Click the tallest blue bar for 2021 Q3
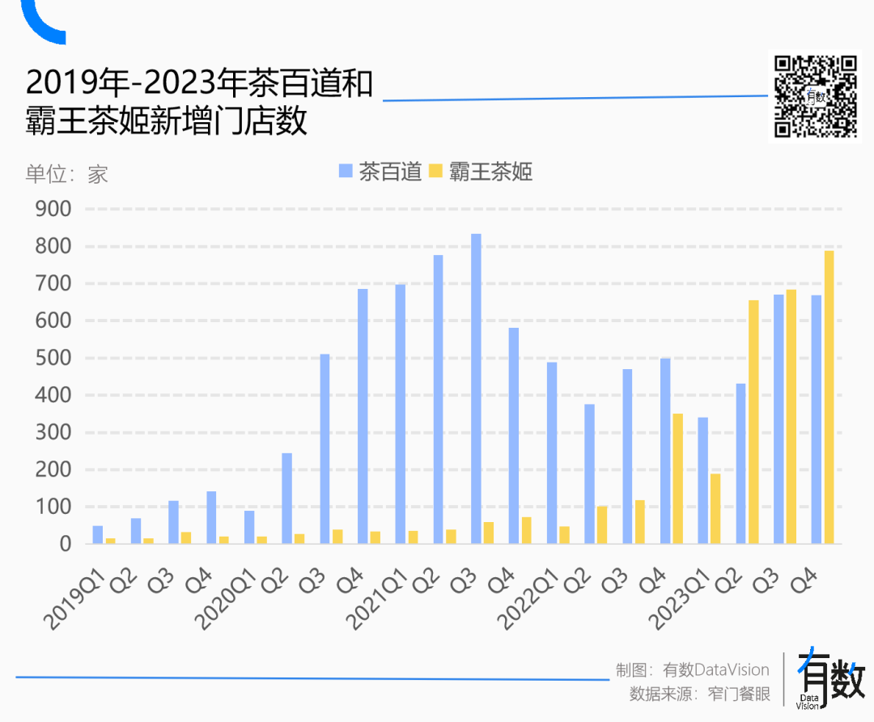tap(476, 389)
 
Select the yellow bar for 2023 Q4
tap(829, 397)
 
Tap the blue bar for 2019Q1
tap(98, 535)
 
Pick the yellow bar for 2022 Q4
tap(677, 478)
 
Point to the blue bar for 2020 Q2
tap(286, 499)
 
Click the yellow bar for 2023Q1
tap(715, 508)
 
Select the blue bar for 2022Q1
tap(552, 452)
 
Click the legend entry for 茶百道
tap(380, 172)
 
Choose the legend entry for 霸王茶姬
tap(481, 172)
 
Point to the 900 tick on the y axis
tap(54, 209)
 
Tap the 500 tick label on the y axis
tap(54, 358)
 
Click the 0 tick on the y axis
tap(65, 544)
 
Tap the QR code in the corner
tap(816, 96)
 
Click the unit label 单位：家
tap(66, 174)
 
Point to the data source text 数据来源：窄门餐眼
tap(700, 694)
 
